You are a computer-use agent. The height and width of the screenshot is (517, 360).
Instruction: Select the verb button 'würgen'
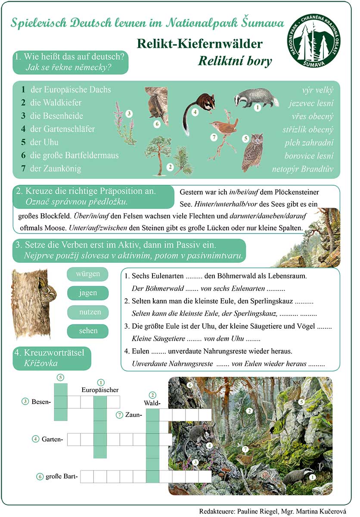click(88, 274)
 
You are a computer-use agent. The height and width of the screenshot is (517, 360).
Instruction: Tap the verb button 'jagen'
click(88, 293)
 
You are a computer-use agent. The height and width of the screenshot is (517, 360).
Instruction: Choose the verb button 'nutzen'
click(88, 312)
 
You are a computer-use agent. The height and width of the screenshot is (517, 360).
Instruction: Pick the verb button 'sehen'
click(88, 331)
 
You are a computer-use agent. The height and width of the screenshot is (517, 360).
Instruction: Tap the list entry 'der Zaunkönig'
click(55, 168)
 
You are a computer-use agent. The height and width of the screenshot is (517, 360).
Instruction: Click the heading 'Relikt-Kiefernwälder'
click(199, 44)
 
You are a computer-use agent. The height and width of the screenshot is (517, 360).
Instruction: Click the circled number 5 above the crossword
click(60, 377)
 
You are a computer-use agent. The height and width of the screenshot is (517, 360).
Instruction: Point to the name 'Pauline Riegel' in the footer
click(257, 511)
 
